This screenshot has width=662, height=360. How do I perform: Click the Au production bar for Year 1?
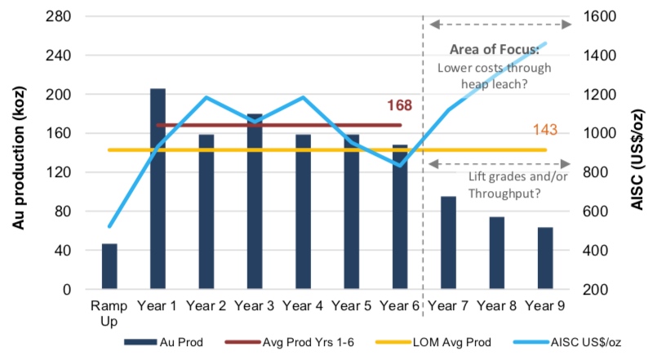coord(158,189)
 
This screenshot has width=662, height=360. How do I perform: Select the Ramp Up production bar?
coord(109,266)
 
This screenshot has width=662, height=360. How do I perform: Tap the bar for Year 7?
coord(448,242)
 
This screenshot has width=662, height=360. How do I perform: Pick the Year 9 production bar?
coord(545,258)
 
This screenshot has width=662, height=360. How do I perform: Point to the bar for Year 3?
coord(255,202)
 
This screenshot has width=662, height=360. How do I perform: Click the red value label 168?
coord(399,105)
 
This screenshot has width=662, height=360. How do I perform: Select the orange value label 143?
coord(545,130)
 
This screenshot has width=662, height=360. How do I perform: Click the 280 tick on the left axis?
coord(58,16)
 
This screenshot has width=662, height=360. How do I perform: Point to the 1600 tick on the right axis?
coord(599,16)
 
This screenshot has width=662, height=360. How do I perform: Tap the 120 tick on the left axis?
coord(58,172)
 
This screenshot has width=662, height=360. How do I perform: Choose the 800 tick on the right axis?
coord(595,172)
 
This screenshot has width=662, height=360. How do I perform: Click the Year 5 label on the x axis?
coord(351,305)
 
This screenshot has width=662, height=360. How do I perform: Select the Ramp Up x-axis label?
coord(109,313)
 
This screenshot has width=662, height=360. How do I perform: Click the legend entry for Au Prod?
coord(163,342)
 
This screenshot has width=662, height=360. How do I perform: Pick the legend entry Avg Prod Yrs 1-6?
coord(290,342)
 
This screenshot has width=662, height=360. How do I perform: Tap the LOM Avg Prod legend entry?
coord(433,342)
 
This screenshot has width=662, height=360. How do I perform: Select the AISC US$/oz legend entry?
coord(567,342)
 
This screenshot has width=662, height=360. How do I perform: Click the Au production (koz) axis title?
coord(19,158)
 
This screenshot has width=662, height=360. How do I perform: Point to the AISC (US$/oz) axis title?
coord(637,159)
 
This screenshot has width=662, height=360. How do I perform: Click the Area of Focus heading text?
coord(495,49)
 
